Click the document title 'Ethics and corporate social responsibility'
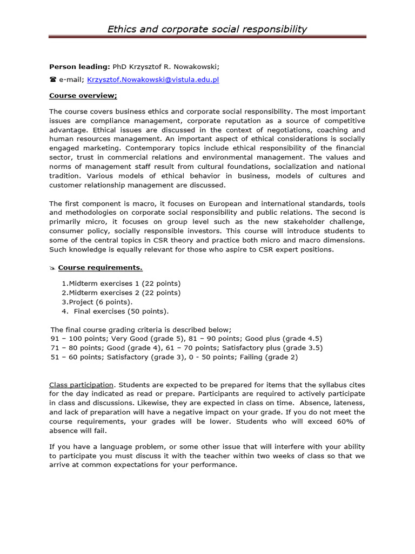pyautogui.click(x=207, y=29)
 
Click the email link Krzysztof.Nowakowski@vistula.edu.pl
pyautogui.click(x=153, y=80)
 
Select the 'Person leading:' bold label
pyautogui.click(x=79, y=67)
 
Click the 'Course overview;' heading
pyautogui.click(x=83, y=96)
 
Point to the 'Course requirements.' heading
pyautogui.click(x=101, y=267)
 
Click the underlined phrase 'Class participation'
pyautogui.click(x=82, y=385)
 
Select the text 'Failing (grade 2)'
pyautogui.click(x=265, y=357)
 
